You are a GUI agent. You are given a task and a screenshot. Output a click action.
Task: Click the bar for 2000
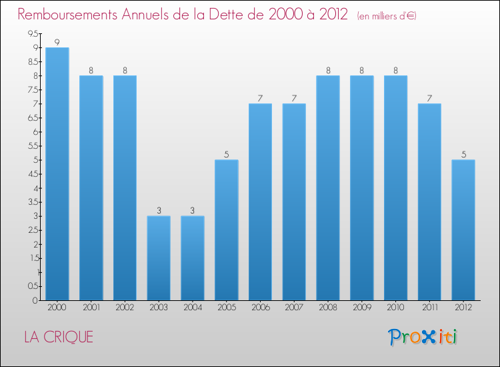[x=57, y=173]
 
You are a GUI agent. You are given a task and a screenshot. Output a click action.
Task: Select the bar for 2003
[x=159, y=258]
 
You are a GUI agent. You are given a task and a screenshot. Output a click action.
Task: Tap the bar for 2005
[x=227, y=230]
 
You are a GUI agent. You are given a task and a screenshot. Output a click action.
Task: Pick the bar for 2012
[x=463, y=230]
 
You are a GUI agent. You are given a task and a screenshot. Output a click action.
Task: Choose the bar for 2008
[x=328, y=188]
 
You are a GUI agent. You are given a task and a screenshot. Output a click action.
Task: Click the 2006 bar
[x=260, y=202]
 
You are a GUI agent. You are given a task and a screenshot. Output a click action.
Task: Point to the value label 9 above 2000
[x=57, y=42]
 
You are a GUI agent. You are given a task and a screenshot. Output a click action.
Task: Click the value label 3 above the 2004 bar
[x=193, y=210]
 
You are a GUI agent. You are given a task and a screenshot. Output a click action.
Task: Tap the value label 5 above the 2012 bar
[x=463, y=154]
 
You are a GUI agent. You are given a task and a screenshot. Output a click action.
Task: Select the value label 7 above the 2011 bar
[x=429, y=98]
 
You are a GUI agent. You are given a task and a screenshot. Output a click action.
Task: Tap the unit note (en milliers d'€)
[x=387, y=16]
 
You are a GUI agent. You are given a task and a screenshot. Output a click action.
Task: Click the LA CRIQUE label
[x=59, y=337]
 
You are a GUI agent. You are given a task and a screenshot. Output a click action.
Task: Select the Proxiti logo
[x=423, y=337]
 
